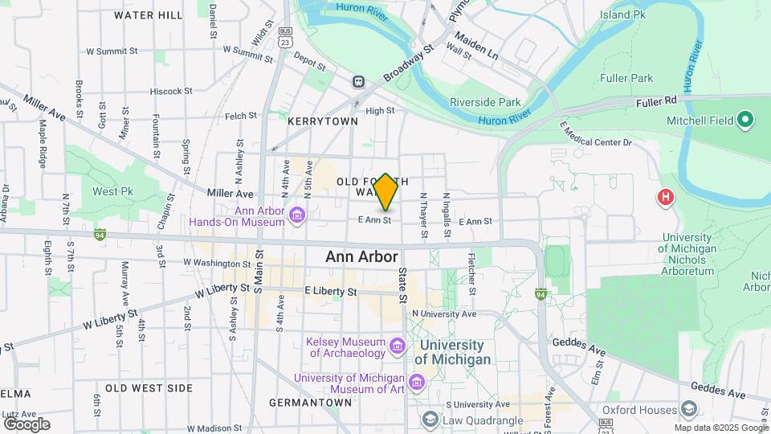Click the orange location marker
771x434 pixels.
(385, 191)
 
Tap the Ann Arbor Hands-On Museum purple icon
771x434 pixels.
(298, 215)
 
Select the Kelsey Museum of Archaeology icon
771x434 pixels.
(397, 346)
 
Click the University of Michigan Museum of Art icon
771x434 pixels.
(417, 379)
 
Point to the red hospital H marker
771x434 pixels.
(665, 196)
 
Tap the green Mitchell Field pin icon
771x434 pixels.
(744, 121)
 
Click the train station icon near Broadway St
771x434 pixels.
(358, 81)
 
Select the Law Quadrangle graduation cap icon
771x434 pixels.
(430, 420)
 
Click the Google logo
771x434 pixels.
(26, 424)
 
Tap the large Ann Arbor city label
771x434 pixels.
(361, 257)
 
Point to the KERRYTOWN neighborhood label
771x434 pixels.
(323, 121)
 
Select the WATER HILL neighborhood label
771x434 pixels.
(149, 15)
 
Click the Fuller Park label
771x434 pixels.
(626, 78)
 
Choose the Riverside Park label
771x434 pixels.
(485, 102)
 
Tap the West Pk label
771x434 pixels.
(112, 191)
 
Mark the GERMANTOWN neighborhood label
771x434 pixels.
(310, 402)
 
